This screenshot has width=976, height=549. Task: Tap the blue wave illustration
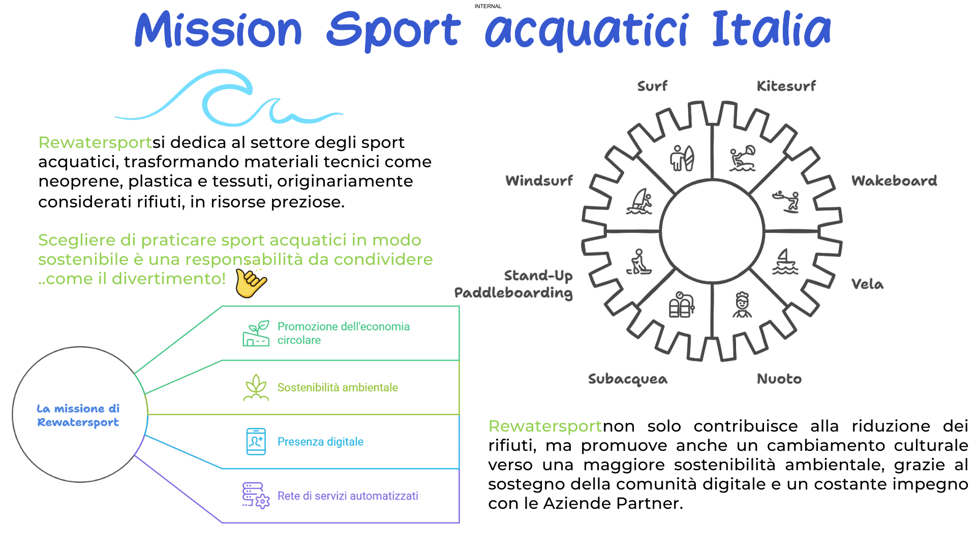coord(229,99)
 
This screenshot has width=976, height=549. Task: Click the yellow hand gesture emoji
coord(251,283)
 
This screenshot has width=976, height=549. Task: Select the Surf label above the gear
coord(652,86)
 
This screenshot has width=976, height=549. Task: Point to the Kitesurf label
coord(786,86)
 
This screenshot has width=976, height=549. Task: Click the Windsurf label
coord(539,180)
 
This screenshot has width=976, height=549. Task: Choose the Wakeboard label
coord(894,180)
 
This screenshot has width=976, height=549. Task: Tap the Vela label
coord(867,284)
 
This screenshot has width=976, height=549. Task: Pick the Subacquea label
coord(628,379)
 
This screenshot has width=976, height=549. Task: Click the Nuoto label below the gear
coord(779,379)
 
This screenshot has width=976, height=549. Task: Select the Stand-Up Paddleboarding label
coord(513,284)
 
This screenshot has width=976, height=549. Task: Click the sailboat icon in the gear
coord(785,262)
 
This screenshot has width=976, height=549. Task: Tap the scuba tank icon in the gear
coord(681,304)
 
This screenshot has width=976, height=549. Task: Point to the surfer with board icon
coord(682,158)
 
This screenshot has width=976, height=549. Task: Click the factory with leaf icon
coord(256,333)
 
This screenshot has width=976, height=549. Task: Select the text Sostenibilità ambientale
coord(338,387)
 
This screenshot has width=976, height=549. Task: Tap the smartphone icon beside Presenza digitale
coord(256,441)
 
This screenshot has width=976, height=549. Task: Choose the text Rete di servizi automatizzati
coord(348,496)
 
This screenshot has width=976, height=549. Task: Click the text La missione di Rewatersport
coord(78,415)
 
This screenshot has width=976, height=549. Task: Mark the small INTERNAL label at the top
coord(488,6)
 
